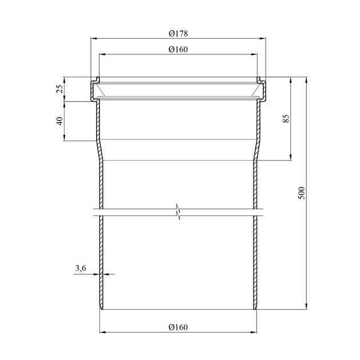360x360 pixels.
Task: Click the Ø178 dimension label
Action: click(x=178, y=34)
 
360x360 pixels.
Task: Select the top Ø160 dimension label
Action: click(x=178, y=49)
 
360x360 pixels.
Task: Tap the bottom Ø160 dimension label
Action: click(x=178, y=327)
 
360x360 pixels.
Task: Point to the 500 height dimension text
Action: click(x=302, y=193)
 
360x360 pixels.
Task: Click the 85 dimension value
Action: click(x=286, y=118)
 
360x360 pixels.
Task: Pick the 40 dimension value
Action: click(x=59, y=121)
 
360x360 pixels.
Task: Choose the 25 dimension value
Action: click(x=59, y=89)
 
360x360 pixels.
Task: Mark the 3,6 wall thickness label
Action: click(x=81, y=268)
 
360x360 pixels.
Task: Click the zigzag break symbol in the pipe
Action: click(x=178, y=212)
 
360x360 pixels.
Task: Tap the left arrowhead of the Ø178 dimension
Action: click(x=94, y=39)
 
